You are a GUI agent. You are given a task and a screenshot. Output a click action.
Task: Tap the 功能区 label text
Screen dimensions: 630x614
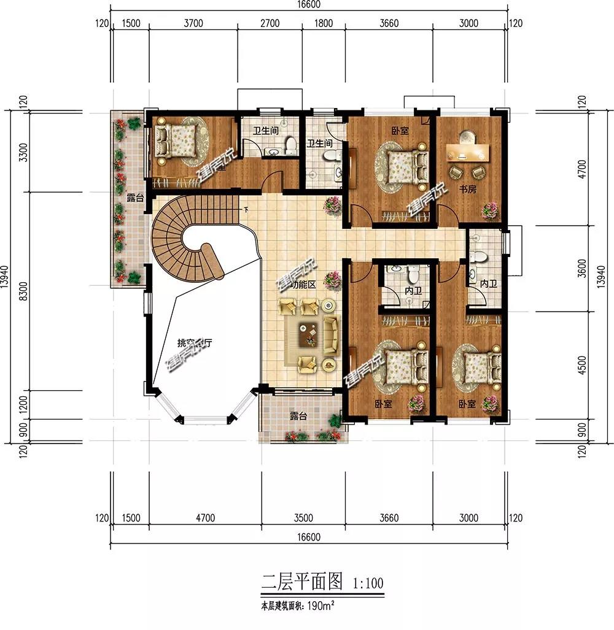coord(303,285)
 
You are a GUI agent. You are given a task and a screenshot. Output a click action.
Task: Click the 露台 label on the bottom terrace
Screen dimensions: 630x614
coord(298,416)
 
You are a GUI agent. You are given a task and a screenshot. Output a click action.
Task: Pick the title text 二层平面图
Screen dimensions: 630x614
coord(301,581)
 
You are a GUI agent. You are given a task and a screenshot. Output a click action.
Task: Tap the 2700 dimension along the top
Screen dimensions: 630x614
coord(270,24)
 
